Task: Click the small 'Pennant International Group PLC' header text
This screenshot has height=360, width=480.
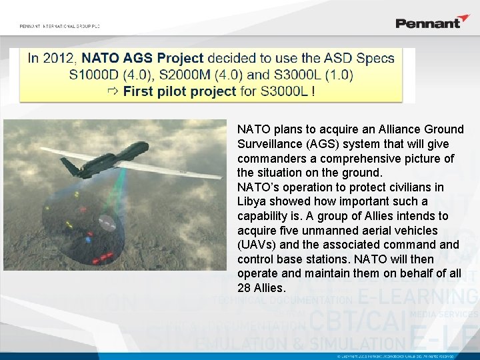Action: point(59,26)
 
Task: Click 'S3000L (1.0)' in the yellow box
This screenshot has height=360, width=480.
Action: point(315,75)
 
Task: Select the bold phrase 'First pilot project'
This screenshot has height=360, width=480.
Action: point(180,91)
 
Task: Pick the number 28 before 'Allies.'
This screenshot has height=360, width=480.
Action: point(244,288)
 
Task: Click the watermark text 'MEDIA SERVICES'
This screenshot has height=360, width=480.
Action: point(444,313)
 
